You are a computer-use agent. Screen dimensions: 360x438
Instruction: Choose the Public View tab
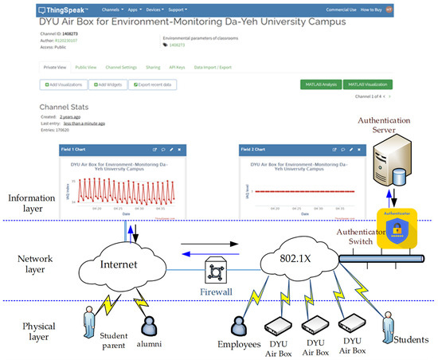[85, 67]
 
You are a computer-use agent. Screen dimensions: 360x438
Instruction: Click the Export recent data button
[153, 84]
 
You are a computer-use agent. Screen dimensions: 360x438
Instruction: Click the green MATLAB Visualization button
[367, 84]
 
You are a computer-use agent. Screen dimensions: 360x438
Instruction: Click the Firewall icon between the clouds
[215, 270]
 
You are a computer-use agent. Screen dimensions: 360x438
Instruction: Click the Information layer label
[30, 203]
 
